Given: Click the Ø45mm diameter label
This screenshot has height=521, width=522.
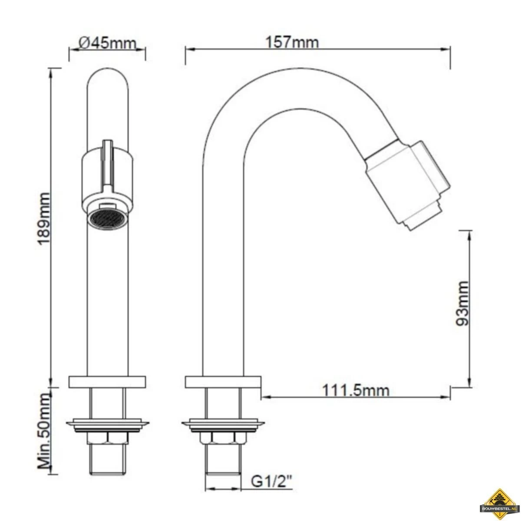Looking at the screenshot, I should click(107, 43).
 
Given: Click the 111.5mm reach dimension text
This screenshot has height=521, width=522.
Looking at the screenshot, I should click(356, 390).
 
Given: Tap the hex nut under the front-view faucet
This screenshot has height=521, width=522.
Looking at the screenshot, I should click(107, 439).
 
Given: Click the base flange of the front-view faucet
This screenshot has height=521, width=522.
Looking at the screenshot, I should click(107, 382).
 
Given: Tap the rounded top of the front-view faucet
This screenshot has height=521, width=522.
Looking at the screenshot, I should click(107, 78).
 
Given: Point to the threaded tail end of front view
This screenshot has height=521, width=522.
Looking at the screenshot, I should click(107, 460).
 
